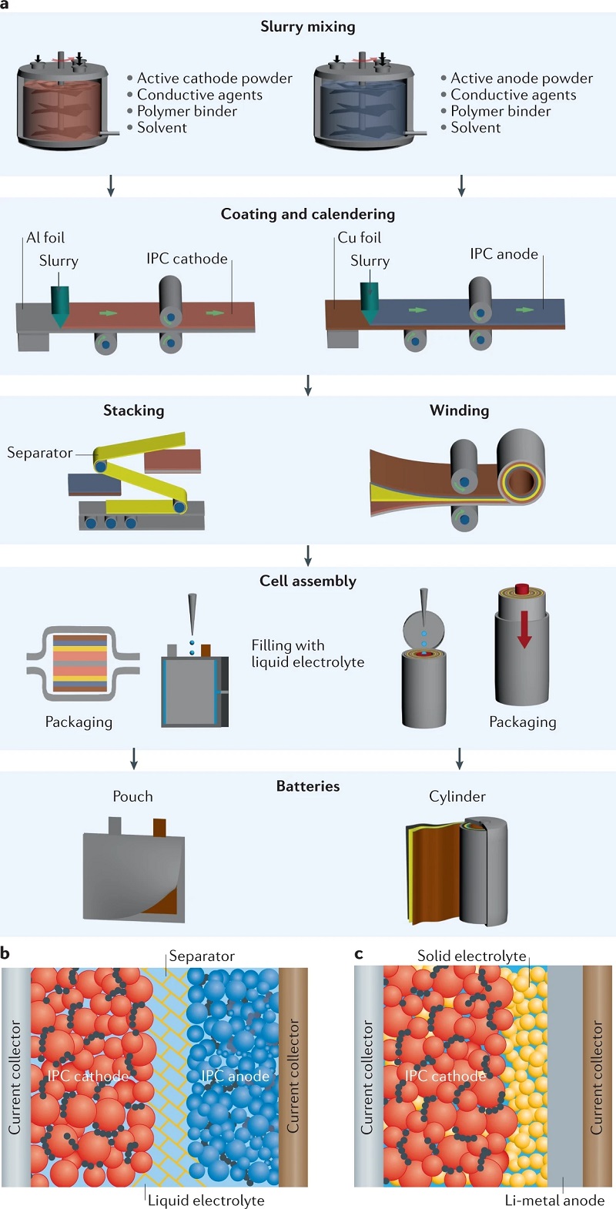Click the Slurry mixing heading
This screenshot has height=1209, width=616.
[308, 27]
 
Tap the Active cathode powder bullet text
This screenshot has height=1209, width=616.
[214, 78]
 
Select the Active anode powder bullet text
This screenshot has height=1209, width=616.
[521, 78]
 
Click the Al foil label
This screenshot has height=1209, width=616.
[45, 238]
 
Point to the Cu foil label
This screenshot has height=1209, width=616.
[360, 238]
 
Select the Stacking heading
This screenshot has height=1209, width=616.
[134, 410]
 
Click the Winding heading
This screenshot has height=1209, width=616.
[459, 410]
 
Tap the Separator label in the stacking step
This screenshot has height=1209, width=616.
[40, 453]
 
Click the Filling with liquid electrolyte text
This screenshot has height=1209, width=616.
[307, 654]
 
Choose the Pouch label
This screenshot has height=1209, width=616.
[132, 797]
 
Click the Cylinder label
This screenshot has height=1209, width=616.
[457, 797]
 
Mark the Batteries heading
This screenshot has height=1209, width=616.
[308, 786]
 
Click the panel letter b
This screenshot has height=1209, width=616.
[5, 953]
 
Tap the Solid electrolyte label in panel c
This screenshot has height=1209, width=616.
[471, 956]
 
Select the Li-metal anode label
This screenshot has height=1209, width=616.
[554, 1201]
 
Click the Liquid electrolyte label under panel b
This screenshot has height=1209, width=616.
[206, 1201]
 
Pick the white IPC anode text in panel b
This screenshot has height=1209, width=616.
[235, 1077]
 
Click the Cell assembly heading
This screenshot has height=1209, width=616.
[308, 581]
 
